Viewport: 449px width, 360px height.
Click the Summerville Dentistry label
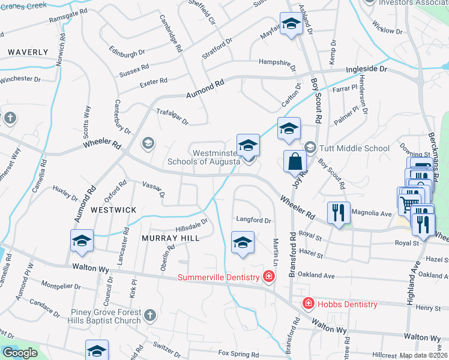[x=218, y=277]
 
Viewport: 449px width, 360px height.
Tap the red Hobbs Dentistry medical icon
[x=308, y=304]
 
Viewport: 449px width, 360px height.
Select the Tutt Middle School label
[x=355, y=148]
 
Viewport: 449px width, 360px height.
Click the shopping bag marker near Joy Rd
[x=295, y=161]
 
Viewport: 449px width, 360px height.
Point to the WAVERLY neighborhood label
[x=28, y=52]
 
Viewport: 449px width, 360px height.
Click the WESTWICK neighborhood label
[x=113, y=210]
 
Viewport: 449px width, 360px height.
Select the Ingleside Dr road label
[x=367, y=70]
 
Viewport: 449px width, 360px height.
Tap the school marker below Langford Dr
[x=243, y=242]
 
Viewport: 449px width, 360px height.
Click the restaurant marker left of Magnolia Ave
[x=339, y=212]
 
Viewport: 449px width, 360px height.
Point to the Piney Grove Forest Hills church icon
[x=150, y=315]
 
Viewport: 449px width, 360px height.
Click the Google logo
[x=19, y=353]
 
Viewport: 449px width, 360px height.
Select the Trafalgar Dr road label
[x=172, y=117]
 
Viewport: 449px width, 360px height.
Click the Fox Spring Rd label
[x=240, y=354]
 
